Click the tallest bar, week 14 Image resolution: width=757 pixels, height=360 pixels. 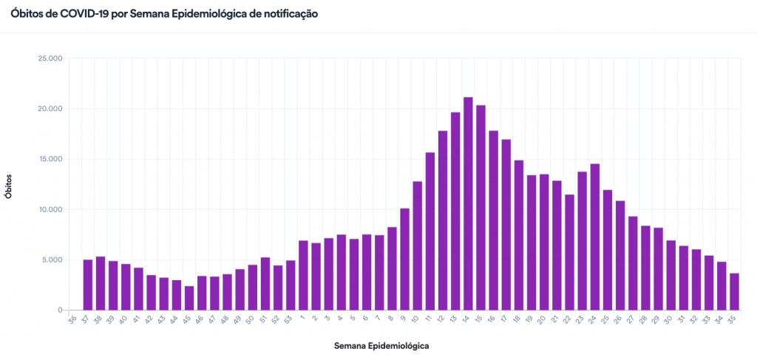pos(468,203)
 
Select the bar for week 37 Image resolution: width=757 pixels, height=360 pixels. pos(88,285)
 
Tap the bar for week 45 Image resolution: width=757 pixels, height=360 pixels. pos(189,298)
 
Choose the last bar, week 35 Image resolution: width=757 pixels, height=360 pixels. pos(734,291)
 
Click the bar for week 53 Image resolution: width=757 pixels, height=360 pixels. pos(291,285)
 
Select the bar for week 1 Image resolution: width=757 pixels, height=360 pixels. pos(303,275)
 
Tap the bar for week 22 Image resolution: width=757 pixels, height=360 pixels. pos(569,252)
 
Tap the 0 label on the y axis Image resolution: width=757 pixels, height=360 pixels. pos(61,310)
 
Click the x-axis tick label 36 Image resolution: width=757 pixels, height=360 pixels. pos(72,319)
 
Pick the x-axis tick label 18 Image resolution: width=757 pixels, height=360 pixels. pos(517,319)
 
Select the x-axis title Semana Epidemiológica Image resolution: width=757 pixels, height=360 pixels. pos(381,345)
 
